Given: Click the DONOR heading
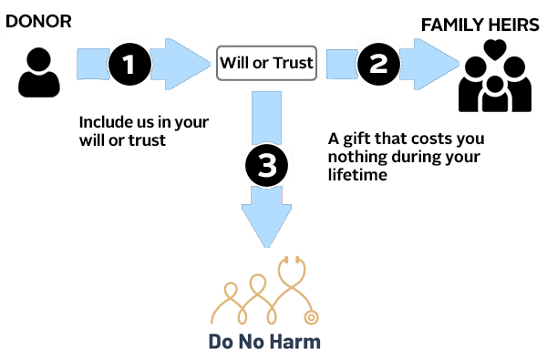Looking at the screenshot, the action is click(x=38, y=22).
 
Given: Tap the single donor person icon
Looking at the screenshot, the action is click(x=39, y=72).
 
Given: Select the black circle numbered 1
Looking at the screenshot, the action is click(x=130, y=64).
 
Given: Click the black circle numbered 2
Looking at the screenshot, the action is click(x=378, y=64).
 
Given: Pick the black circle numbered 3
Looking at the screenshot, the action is click(x=267, y=165).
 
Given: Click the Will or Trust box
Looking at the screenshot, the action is click(x=266, y=63).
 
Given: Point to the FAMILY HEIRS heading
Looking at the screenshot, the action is click(x=480, y=26).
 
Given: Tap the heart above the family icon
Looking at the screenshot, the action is click(x=495, y=49).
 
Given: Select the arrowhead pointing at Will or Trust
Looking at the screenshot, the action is click(x=185, y=64).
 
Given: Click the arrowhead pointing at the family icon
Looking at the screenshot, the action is click(x=434, y=64).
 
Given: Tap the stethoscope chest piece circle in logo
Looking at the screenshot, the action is click(x=311, y=318).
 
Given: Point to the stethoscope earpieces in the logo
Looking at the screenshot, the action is click(x=292, y=260).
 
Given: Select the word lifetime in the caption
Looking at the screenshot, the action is click(x=357, y=175).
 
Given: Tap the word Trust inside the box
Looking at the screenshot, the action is click(x=293, y=63).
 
